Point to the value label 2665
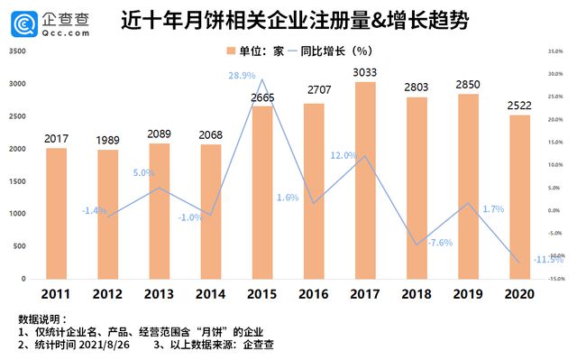262,97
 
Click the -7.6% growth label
439,243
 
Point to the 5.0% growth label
144,172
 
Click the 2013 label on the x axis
159,294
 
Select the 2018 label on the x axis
417,294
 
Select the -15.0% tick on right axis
554,279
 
